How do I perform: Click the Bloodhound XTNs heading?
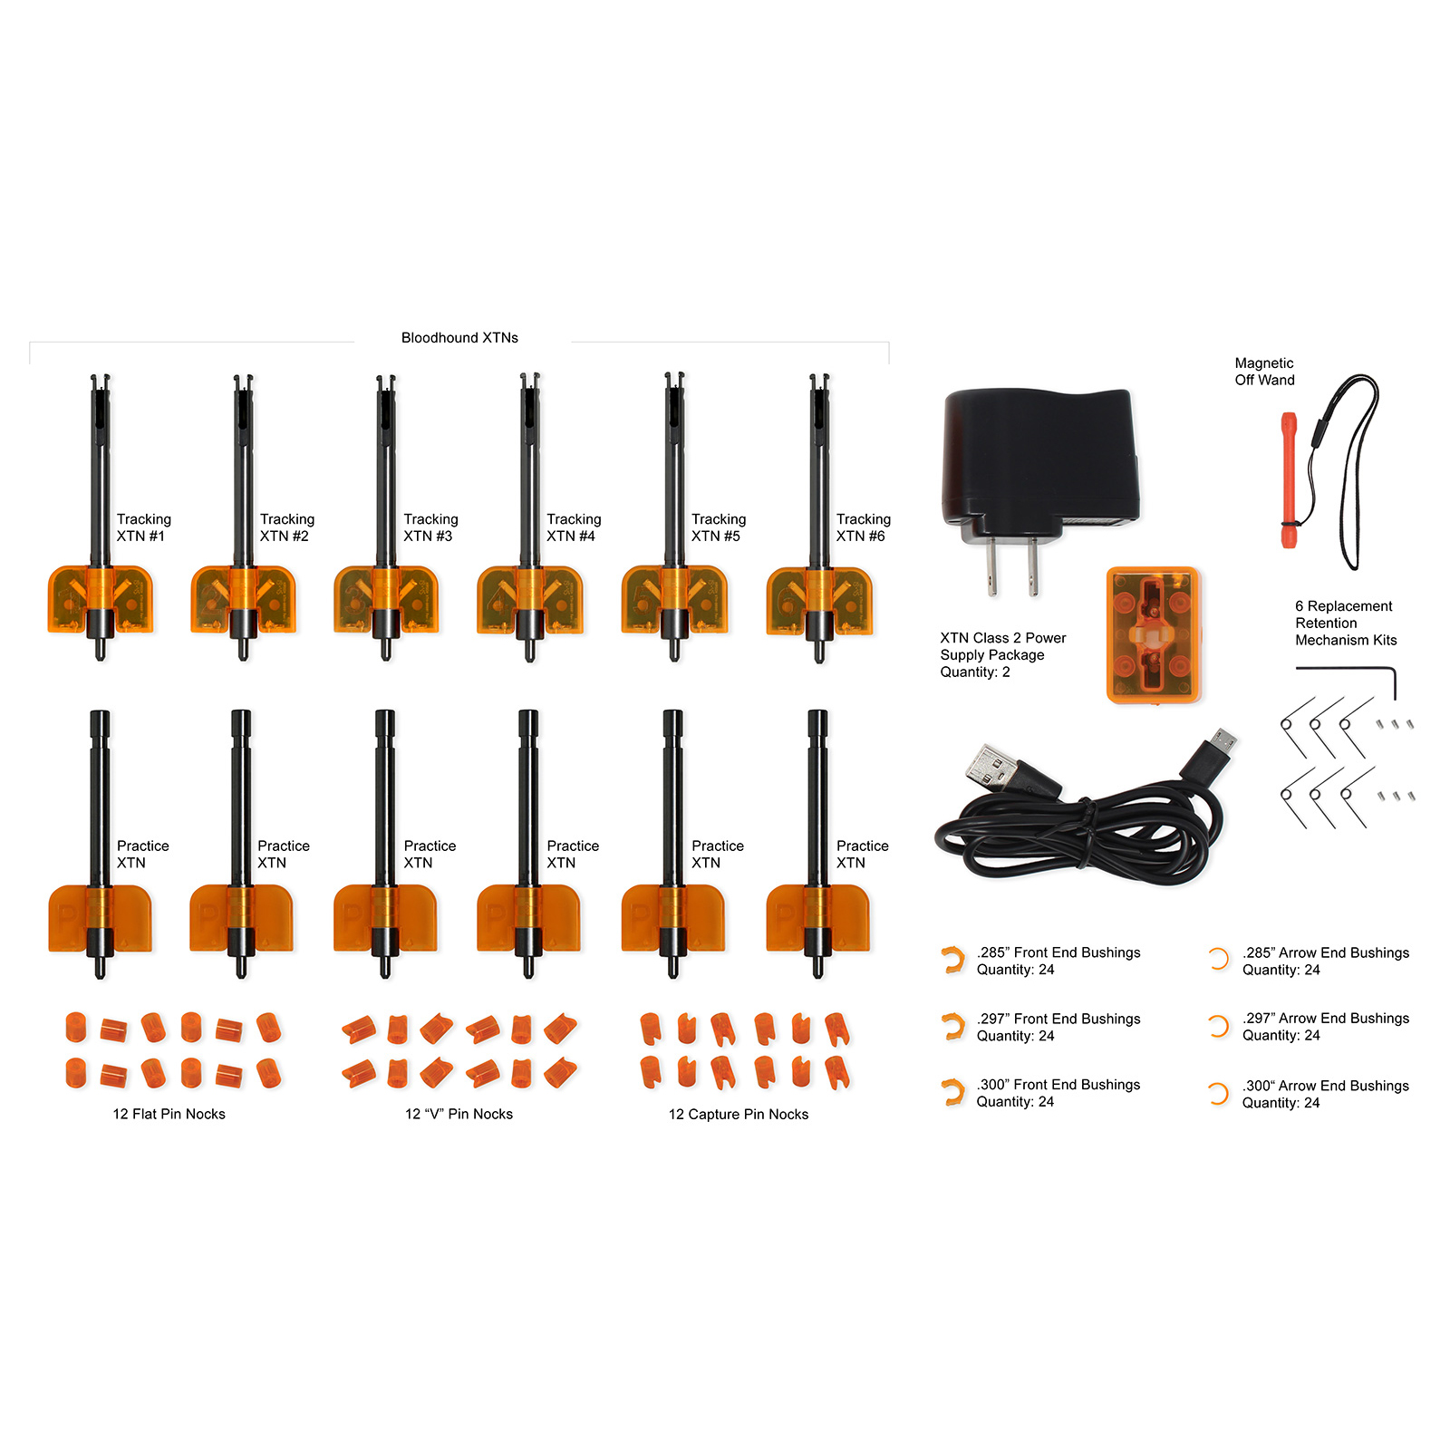click(x=459, y=338)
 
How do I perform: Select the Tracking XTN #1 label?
click(x=143, y=527)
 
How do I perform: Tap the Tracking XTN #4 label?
click(x=574, y=527)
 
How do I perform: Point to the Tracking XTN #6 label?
click(x=863, y=527)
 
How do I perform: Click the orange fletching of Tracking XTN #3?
click(x=386, y=599)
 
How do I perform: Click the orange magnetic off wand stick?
click(x=1288, y=480)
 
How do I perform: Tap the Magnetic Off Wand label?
click(x=1264, y=372)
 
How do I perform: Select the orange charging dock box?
click(x=1153, y=635)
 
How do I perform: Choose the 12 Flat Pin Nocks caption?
click(x=169, y=1115)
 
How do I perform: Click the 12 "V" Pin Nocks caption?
click(x=459, y=1115)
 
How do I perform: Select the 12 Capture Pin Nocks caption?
click(x=739, y=1115)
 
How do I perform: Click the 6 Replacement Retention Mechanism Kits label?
click(x=1346, y=623)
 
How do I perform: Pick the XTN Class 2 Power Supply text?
click(x=1003, y=646)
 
